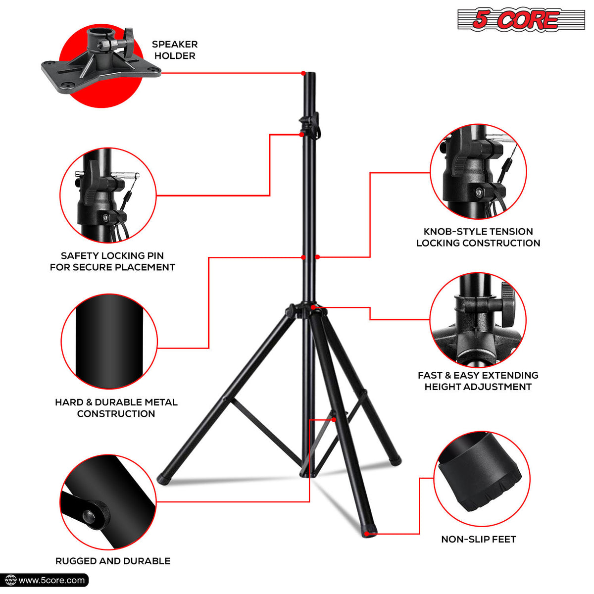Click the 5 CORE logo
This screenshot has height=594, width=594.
coord(521,20)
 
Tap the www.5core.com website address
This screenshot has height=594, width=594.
coord(51,581)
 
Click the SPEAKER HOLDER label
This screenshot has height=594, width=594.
coord(175,50)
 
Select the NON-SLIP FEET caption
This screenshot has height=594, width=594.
coord(478,539)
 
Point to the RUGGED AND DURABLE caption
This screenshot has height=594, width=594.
coord(113,561)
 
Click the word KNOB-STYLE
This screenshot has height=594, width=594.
coord(449,232)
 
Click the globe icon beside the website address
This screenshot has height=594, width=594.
coord(11,581)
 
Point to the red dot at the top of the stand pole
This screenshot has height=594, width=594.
coord(303,73)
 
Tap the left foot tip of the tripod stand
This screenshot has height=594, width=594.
coord(163,480)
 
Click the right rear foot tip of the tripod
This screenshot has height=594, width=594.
coord(395,462)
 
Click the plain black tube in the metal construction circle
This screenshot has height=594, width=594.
coord(109,341)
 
